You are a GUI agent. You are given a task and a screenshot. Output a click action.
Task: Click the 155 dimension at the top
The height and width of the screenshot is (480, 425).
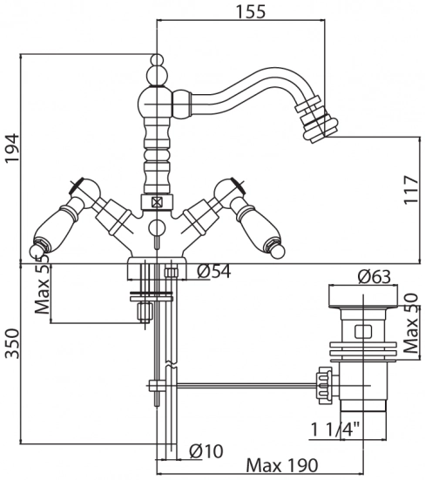tap(251, 11)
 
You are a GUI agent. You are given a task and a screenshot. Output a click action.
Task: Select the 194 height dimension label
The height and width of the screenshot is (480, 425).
tap(13, 148)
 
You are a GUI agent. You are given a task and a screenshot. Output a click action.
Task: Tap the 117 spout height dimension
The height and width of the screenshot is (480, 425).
tap(411, 190)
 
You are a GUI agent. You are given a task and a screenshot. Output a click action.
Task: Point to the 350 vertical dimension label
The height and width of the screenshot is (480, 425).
tap(13, 343)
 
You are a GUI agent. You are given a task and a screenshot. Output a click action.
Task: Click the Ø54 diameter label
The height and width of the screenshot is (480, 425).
tap(214, 271)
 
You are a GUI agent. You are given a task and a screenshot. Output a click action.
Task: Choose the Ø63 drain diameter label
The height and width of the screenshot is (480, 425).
tap(374, 277)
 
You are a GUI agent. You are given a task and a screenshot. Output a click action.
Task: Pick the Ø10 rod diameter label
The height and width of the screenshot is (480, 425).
tap(206, 451)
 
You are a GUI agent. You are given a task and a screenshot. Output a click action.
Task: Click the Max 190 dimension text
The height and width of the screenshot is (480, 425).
tap(282, 465)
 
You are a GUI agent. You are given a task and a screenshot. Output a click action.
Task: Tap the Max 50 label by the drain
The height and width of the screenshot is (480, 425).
tap(410, 323)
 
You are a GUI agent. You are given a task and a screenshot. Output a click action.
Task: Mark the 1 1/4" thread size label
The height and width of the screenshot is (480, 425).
tap(335, 429)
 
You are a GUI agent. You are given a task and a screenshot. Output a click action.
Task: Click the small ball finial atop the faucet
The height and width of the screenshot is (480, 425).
tap(157, 59)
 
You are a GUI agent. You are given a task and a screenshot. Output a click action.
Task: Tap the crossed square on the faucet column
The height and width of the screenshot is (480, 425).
tap(157, 202)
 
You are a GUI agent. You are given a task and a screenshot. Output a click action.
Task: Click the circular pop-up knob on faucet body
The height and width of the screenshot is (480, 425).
tap(157, 228)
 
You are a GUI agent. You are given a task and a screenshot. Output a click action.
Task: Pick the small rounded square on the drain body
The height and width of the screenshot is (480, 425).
tap(363, 332)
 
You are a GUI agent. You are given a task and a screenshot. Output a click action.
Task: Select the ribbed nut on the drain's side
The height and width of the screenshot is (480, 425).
tap(325, 385)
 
